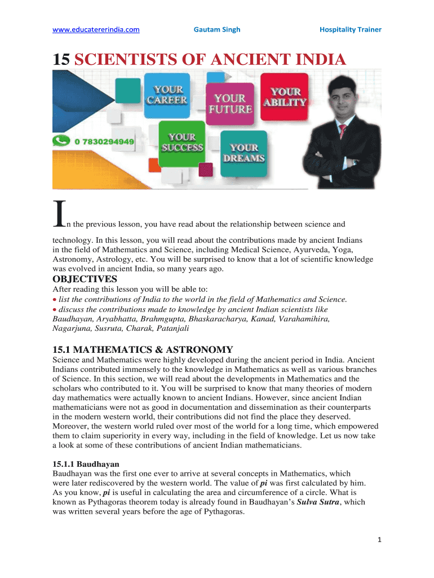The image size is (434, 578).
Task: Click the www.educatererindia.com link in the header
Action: coord(96,29)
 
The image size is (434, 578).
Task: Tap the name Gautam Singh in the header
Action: coord(217,29)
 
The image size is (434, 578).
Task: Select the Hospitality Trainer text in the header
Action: coord(350,29)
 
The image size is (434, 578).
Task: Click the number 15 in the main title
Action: coord(61,59)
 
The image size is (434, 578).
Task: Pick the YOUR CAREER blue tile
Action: coord(167,95)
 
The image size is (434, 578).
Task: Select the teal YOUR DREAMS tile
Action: coord(244,152)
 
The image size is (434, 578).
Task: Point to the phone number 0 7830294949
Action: coord(104,142)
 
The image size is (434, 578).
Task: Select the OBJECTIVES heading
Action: coord(85,279)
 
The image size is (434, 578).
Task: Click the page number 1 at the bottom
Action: coord(380,540)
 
